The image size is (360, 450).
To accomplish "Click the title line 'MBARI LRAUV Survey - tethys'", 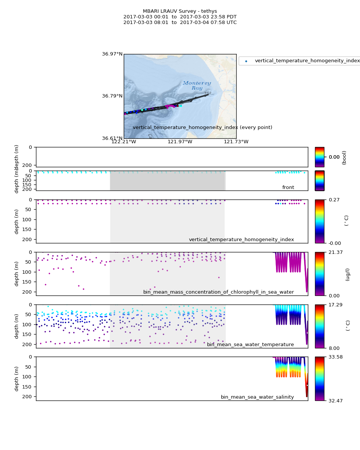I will pos(180,11).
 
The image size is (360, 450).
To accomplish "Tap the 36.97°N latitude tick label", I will pos(112,54).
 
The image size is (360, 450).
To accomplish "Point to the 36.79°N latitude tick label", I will pos(112,96).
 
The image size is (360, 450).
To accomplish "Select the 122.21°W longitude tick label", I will pos(124,142).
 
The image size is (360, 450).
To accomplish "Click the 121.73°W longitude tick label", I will pos(236,142).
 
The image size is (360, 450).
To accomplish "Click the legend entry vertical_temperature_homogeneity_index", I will pos(307,61).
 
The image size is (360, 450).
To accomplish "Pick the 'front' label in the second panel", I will pos(288,187).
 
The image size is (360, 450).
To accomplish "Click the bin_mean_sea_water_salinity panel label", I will pos(257,397).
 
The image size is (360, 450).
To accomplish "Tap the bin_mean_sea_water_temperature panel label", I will pos(250,345).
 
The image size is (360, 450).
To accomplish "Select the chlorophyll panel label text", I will pos(218,292).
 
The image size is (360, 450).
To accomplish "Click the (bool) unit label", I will pos(344,157).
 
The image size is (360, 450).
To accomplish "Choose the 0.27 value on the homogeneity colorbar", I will pos(333,199).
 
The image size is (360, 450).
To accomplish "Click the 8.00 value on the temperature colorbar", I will pos(333,348).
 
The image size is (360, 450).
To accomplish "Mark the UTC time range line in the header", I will pos(180,22).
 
